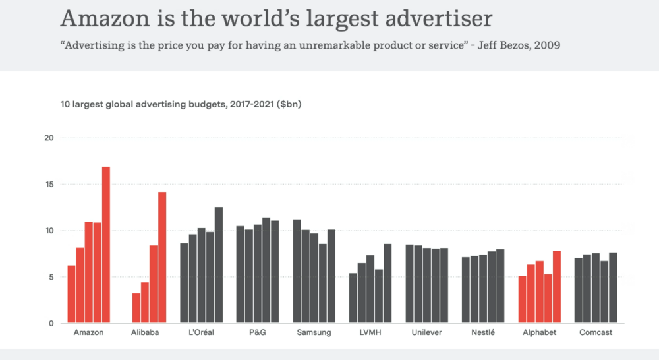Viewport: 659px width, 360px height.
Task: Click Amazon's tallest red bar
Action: coord(105,245)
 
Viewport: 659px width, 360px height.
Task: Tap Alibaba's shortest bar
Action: coord(136,308)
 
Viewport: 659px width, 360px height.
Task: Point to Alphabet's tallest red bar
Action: coord(557,287)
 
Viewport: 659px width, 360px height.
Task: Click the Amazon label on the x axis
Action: coord(88,333)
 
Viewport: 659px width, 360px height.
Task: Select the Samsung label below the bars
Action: coord(314,333)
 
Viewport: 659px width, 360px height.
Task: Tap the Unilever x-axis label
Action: coord(426,333)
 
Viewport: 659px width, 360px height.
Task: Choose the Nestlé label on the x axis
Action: coord(482,333)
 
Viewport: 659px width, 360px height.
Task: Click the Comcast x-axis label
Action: coord(595,333)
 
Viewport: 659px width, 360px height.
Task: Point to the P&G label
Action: coord(258,333)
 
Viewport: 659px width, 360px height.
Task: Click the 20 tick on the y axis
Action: coord(48,138)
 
